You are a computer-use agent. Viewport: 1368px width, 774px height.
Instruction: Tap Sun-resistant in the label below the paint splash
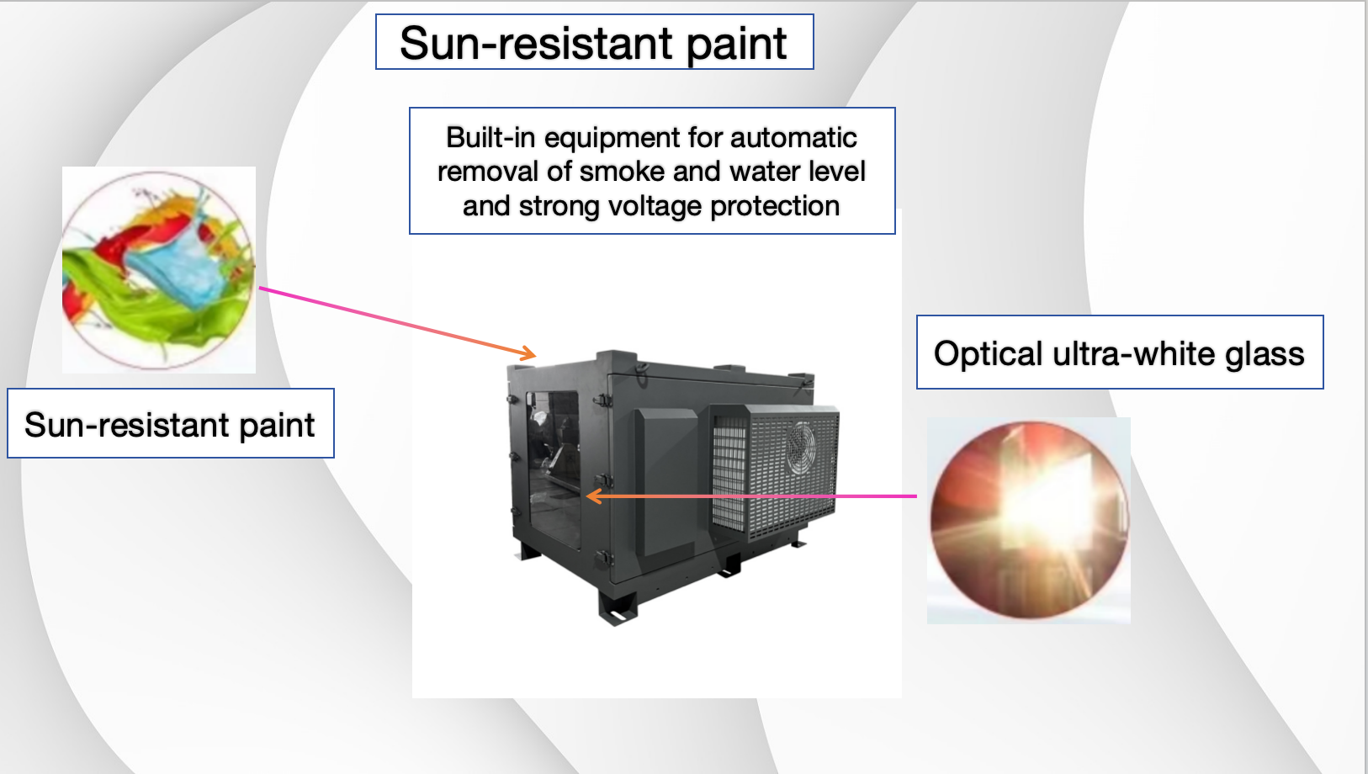click(126, 424)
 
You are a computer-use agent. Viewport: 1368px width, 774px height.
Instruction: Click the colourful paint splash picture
click(159, 270)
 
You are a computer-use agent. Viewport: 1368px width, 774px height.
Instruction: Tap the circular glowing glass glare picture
click(1029, 521)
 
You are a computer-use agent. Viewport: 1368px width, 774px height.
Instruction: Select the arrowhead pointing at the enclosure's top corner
click(528, 353)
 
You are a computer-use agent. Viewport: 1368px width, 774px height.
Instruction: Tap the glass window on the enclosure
click(554, 469)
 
